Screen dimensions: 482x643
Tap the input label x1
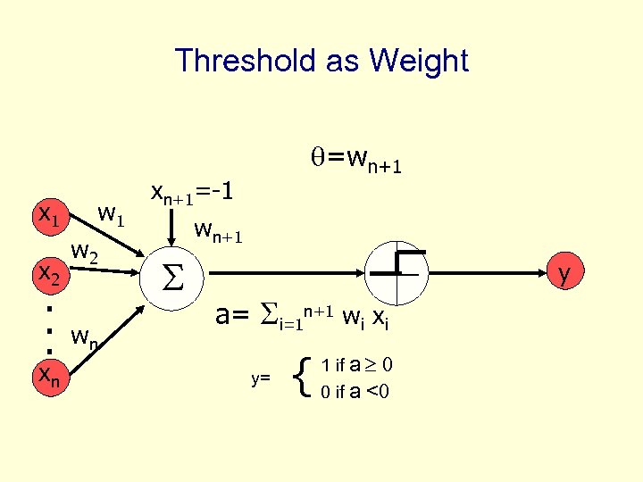point(47,214)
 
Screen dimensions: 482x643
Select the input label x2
point(47,275)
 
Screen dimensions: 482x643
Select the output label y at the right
point(565,271)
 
